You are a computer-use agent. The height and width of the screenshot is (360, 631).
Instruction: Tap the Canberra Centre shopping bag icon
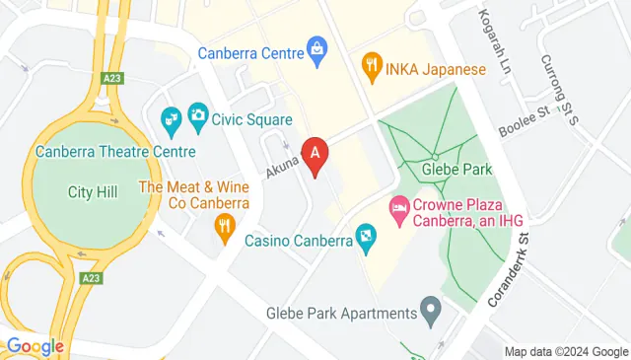pyautogui.click(x=317, y=47)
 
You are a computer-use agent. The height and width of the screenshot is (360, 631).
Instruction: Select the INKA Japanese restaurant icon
pyautogui.click(x=372, y=69)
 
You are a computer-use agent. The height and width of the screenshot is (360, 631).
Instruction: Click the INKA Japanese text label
pyautogui.click(x=437, y=69)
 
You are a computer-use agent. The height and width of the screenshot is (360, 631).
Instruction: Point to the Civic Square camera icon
pyautogui.click(x=197, y=115)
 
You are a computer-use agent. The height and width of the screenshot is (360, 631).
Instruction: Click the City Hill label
pyautogui.click(x=93, y=191)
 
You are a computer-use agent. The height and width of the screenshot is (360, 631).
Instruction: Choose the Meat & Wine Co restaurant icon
pyautogui.click(x=224, y=226)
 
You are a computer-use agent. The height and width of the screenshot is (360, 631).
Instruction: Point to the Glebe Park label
pyautogui.click(x=456, y=169)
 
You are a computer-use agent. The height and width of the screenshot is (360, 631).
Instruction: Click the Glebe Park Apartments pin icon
pyautogui.click(x=430, y=313)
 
